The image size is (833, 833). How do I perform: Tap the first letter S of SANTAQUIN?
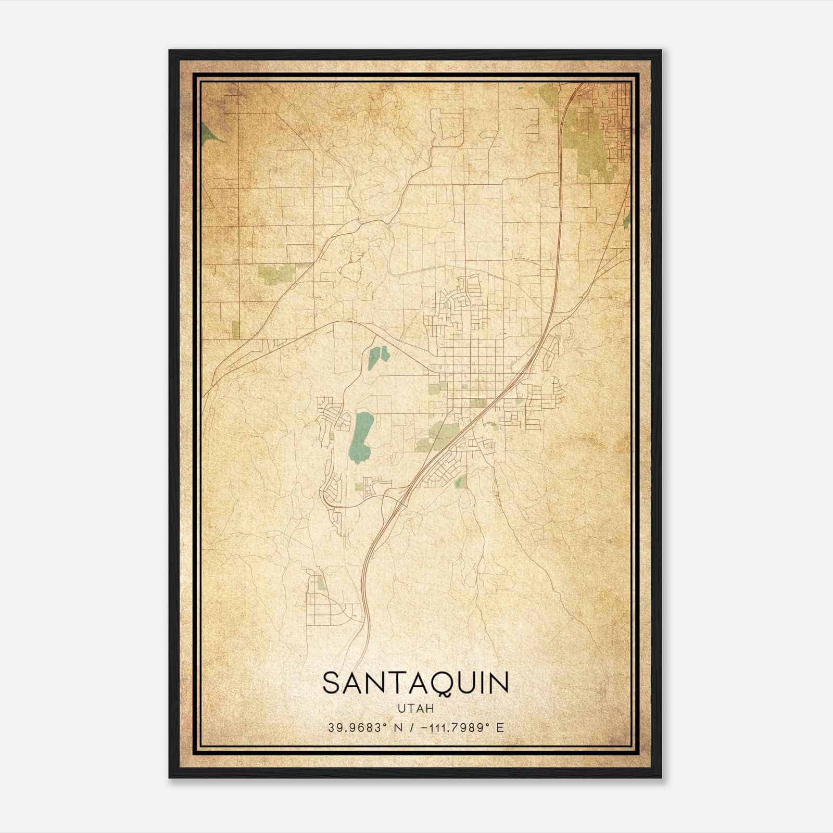click(332, 683)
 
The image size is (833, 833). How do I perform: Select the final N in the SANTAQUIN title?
click(498, 683)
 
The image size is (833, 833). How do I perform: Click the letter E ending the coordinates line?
click(500, 728)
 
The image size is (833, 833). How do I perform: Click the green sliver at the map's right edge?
click(627, 221)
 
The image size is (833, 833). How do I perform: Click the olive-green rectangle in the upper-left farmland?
click(275, 274)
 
